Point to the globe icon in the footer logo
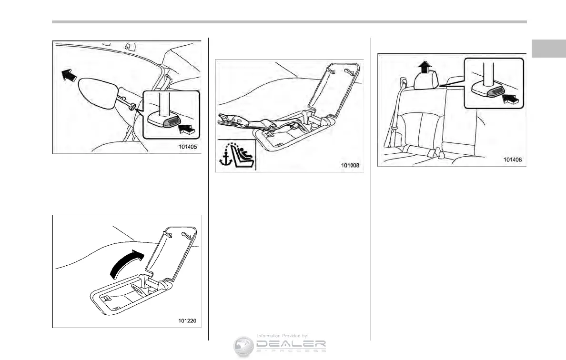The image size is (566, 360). point(243,346)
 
